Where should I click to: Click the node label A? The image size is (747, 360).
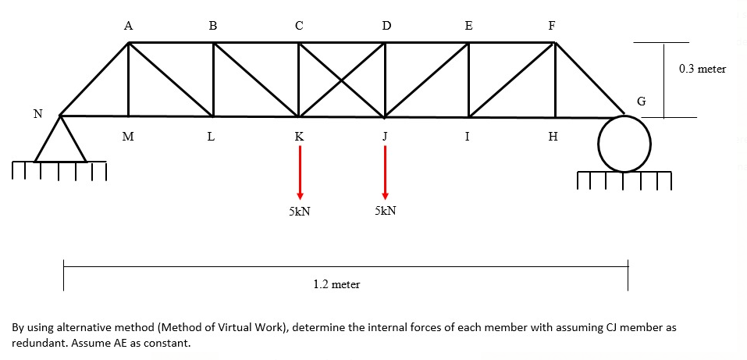[128, 25]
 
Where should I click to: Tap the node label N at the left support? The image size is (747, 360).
[37, 114]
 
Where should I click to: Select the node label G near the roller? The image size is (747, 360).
[642, 102]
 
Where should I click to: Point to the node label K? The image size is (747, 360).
[299, 137]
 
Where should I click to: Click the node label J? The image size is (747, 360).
[384, 137]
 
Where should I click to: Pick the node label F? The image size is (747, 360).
[552, 25]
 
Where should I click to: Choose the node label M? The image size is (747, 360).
[128, 137]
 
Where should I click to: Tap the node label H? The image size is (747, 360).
[553, 137]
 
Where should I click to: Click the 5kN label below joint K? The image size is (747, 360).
[299, 212]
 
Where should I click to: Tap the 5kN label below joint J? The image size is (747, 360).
[385, 212]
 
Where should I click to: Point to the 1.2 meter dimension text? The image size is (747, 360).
[336, 284]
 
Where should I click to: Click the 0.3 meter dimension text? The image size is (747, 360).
[702, 69]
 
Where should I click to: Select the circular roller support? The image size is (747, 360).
[624, 144]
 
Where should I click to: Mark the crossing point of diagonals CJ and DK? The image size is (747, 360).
[341, 80]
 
